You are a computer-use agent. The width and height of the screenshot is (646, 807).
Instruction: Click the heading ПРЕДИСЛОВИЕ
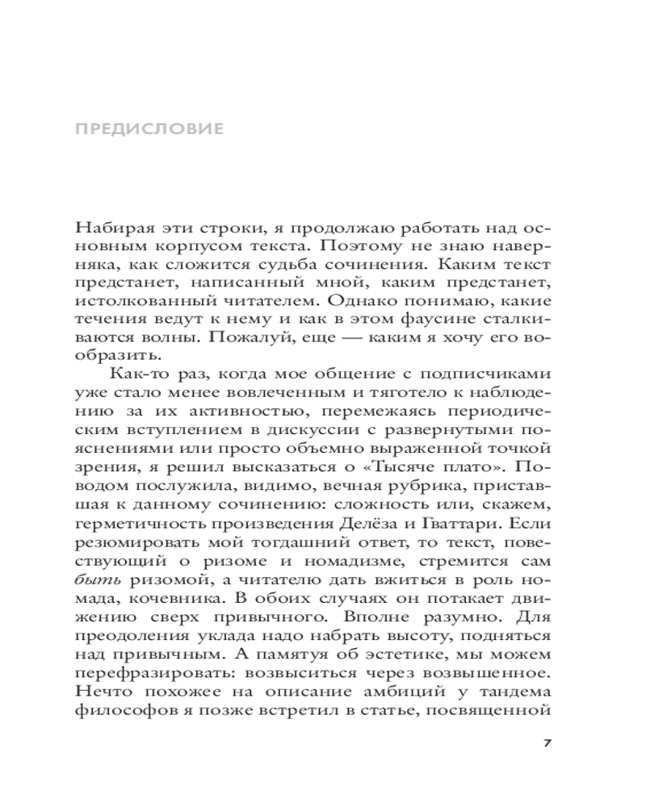click(x=148, y=128)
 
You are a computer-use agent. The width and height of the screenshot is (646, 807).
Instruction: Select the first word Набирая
click(x=105, y=228)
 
